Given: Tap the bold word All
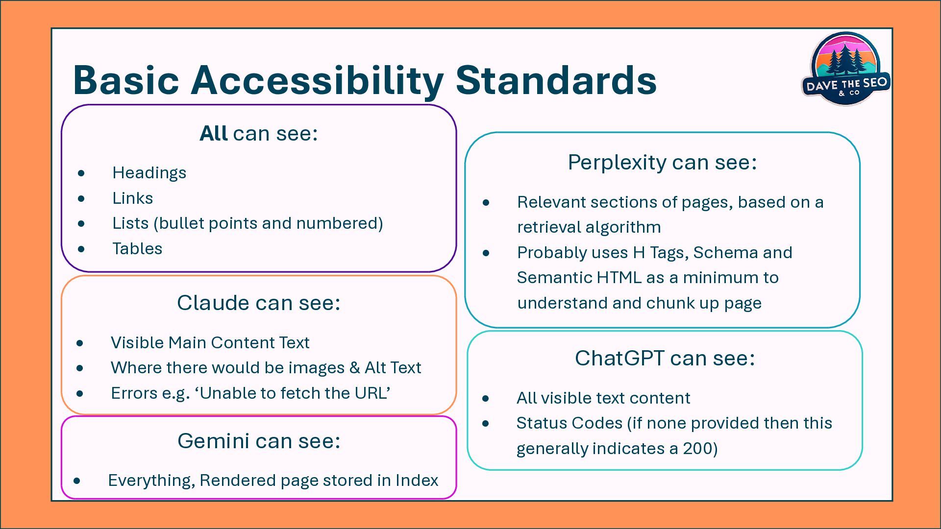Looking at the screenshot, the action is tap(213, 133).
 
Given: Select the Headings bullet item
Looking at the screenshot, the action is tap(149, 173).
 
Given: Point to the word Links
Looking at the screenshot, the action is tap(132, 198).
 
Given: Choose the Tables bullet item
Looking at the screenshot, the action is tap(137, 249).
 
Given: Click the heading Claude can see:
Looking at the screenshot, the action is tap(258, 303).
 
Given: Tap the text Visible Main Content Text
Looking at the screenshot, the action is tap(210, 343).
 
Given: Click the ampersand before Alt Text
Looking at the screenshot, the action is tap(355, 368).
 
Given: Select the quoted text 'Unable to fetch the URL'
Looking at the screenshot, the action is tap(295, 393).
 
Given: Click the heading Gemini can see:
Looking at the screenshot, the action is tap(258, 441).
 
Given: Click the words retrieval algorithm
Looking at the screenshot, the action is tap(589, 227).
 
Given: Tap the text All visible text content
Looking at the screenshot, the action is tap(603, 398).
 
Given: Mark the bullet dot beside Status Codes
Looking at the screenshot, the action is tap(486, 423).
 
